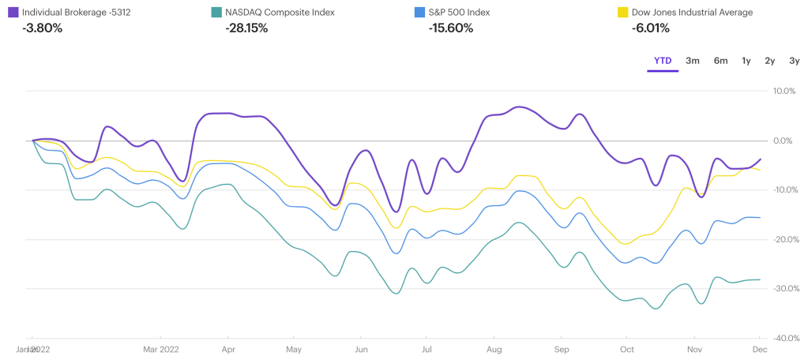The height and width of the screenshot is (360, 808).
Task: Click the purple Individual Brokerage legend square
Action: coord(13,13)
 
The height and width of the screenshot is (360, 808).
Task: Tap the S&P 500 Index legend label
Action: coord(464,13)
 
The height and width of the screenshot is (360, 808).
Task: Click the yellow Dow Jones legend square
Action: coord(621,13)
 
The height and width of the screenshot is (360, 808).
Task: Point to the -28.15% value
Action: coord(246,28)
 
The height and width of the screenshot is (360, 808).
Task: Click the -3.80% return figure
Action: coord(43,28)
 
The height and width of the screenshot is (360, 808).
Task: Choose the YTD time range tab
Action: coord(663,61)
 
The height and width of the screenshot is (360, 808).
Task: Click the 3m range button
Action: coord(693,61)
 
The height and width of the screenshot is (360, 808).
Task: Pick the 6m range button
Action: coord(720,61)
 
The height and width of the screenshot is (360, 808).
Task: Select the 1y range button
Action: coord(746,61)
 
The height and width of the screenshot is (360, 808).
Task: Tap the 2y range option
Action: coord(769,61)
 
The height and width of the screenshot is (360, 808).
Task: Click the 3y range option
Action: coord(794,61)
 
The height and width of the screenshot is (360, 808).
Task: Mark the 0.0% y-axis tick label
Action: coord(784,141)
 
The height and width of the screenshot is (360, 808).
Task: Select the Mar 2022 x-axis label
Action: coord(160,348)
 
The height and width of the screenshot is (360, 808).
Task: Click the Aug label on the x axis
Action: coord(495,348)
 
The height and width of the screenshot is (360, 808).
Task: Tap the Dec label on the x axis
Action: coord(759,348)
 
